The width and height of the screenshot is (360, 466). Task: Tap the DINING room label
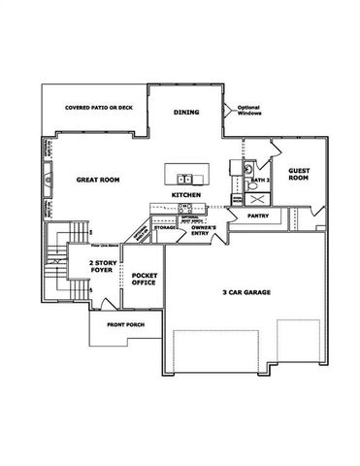pyautogui.click(x=186, y=113)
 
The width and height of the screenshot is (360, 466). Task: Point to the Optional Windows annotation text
pyautogui.click(x=249, y=112)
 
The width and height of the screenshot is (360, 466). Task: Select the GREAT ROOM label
pyautogui.click(x=97, y=181)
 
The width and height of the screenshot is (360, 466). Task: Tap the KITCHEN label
pyautogui.click(x=186, y=195)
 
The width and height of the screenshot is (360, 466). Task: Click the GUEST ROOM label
pyautogui.click(x=298, y=174)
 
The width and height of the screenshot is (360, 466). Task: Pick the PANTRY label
pyautogui.click(x=257, y=216)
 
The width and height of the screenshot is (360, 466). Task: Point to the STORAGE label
pyautogui.click(x=165, y=227)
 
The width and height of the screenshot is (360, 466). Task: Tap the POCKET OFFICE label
pyautogui.click(x=146, y=283)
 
